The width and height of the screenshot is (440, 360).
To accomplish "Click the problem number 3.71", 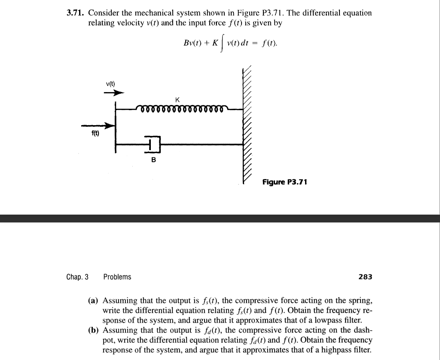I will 75,13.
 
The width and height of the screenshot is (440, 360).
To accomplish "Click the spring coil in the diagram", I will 180,109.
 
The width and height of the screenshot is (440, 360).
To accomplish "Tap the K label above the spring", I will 177,100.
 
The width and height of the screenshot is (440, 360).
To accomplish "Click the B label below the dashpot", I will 154,160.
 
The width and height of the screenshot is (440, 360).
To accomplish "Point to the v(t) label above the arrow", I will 110,83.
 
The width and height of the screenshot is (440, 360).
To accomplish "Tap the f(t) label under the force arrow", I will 95,133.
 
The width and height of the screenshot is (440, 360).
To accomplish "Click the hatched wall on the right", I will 247,125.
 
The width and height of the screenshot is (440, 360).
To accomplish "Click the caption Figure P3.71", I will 285,182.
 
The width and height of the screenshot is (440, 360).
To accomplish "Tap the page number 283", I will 365,277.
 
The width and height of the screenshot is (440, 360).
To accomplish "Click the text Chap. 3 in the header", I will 77,277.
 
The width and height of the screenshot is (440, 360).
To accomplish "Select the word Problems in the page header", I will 117,277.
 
